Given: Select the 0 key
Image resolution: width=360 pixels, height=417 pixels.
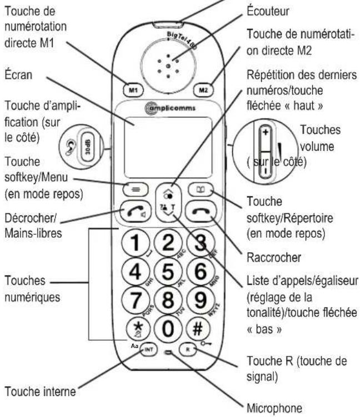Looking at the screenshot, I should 168,328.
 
